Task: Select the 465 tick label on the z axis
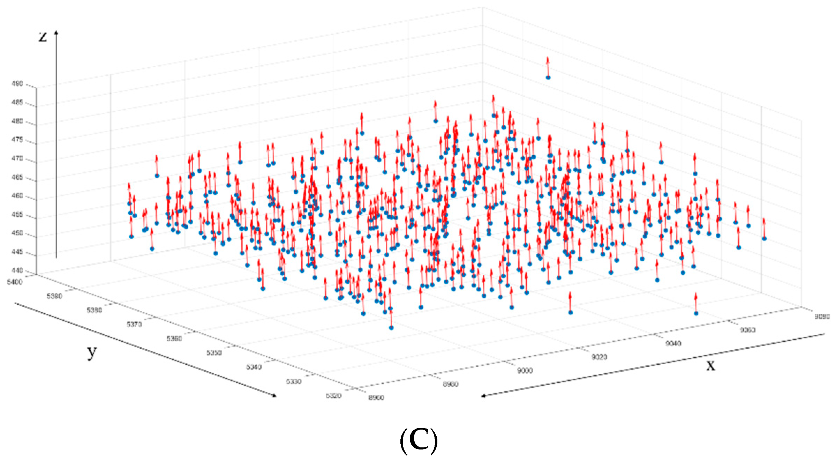point(17,177)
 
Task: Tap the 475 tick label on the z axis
point(17,140)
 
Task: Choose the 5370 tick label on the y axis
point(134,325)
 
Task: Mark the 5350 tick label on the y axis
point(214,353)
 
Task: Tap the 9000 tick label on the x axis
point(525,371)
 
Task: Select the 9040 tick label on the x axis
point(673,343)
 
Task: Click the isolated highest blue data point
point(548,77)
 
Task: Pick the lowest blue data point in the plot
point(391,328)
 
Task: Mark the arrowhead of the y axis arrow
point(274,395)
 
